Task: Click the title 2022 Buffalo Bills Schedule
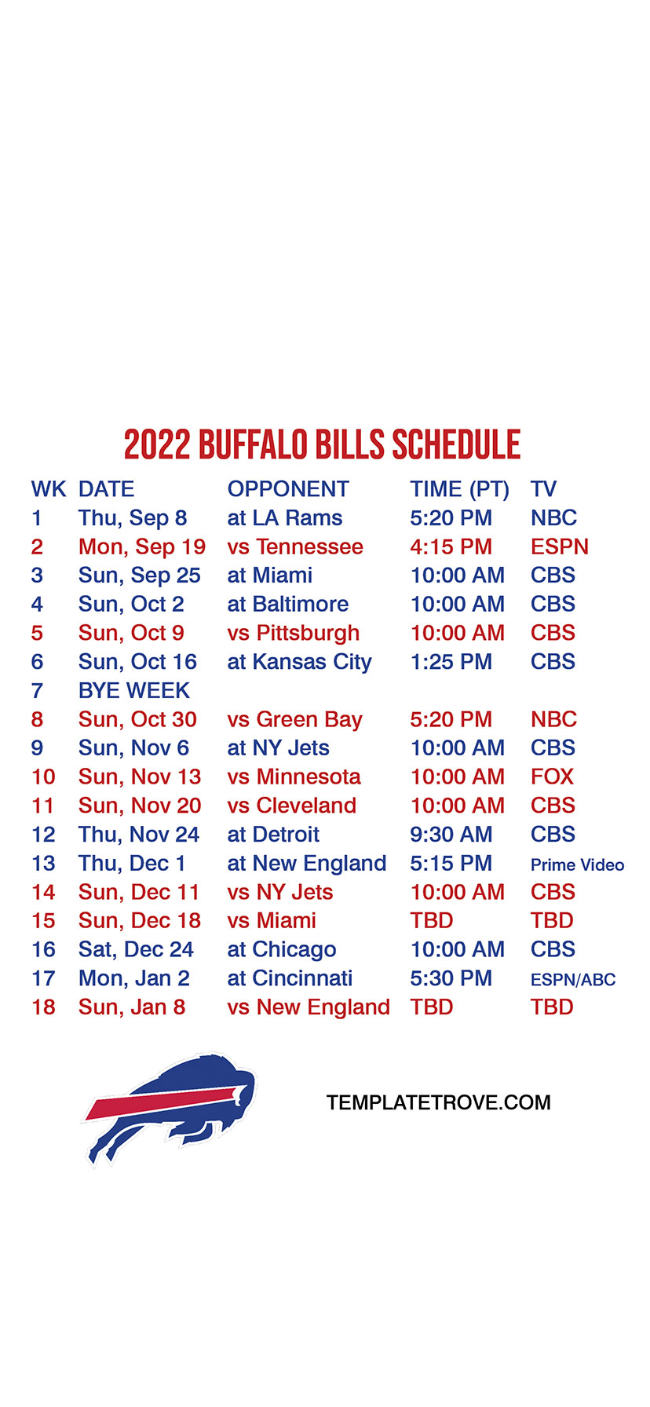(x=323, y=444)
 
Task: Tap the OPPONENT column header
(x=288, y=489)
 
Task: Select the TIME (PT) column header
(x=460, y=490)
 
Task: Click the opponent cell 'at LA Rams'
(x=285, y=518)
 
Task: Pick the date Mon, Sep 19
(x=142, y=547)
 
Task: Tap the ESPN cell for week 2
(x=560, y=546)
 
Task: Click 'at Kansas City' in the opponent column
(x=300, y=663)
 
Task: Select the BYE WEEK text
(x=134, y=691)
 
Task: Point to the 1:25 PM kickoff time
(x=451, y=662)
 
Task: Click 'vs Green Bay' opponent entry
(x=295, y=720)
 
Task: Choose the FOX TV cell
(x=553, y=777)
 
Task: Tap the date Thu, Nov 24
(x=139, y=835)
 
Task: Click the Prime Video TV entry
(x=578, y=864)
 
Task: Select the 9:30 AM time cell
(x=451, y=835)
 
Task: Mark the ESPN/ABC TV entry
(x=573, y=980)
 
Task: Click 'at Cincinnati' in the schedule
(x=290, y=978)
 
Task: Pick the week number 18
(x=43, y=1007)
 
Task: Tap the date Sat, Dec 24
(x=136, y=950)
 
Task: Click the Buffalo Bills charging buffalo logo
(x=169, y=1108)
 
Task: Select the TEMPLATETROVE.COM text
(x=439, y=1103)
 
